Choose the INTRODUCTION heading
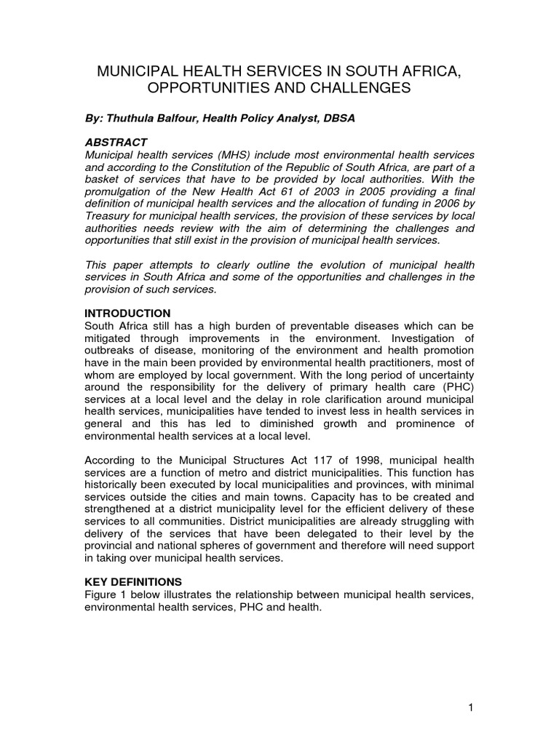127,313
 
